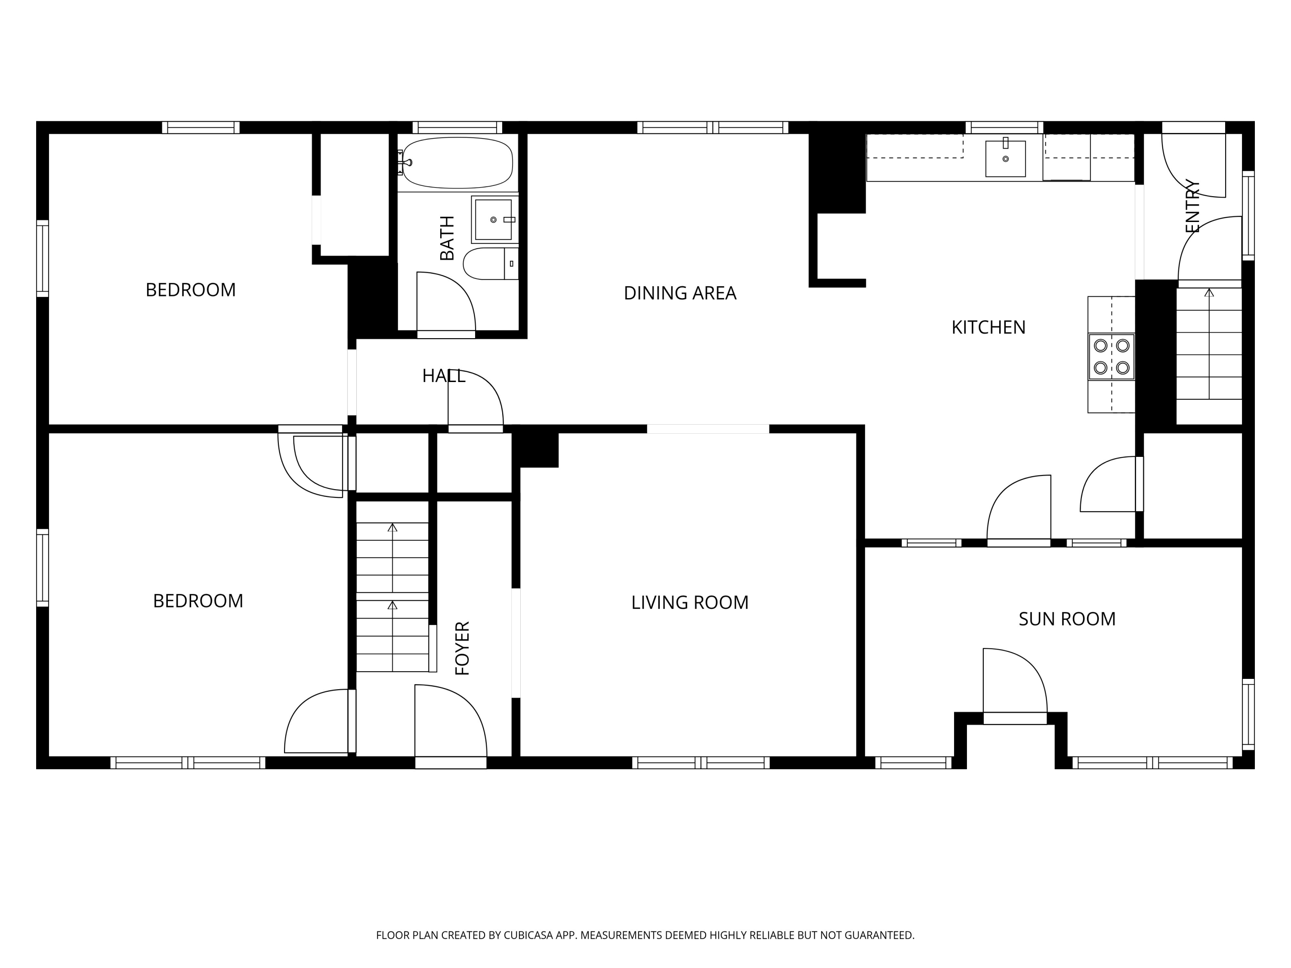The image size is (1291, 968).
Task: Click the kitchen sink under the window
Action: coord(1005,158)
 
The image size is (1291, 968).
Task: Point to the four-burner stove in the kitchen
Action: coord(1111,357)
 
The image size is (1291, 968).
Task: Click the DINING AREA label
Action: coord(680,293)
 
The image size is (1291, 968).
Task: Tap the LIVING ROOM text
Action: coord(690,602)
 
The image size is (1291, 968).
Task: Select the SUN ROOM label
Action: coord(1067,619)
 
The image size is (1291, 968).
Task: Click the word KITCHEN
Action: coord(988,327)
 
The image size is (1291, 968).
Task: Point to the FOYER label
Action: coord(462,648)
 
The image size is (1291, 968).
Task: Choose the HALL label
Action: coord(444,376)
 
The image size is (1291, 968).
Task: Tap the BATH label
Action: coord(447,238)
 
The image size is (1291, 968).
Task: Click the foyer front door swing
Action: coord(451,721)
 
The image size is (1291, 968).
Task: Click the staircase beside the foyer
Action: coord(393,597)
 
